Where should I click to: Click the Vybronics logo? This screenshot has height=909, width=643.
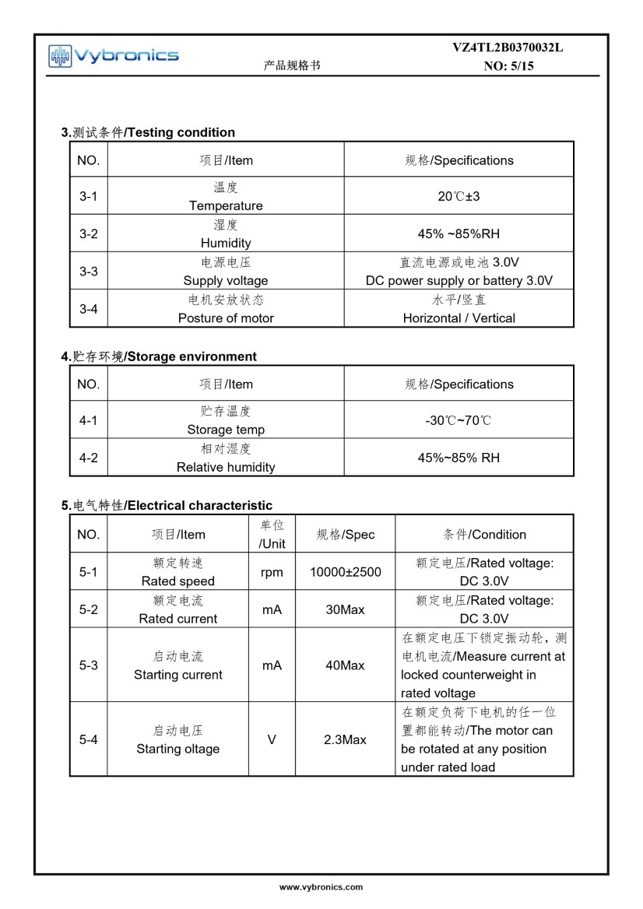tap(114, 54)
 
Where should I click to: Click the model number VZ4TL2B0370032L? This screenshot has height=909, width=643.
tap(508, 47)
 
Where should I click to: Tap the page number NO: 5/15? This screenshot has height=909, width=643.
tap(508, 66)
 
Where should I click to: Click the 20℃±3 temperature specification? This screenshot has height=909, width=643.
tap(459, 196)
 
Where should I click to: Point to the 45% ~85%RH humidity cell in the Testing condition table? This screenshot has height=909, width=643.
tap(459, 233)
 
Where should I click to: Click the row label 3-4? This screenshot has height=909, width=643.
tap(88, 309)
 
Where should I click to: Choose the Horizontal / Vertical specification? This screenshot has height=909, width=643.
tap(459, 318)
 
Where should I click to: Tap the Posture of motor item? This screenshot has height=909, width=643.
tap(226, 318)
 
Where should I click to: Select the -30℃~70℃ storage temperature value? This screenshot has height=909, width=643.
tap(459, 420)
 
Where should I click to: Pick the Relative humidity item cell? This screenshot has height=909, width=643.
tap(226, 467)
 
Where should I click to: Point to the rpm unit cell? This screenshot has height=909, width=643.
tap(272, 572)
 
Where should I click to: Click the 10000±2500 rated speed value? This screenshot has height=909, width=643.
tap(345, 572)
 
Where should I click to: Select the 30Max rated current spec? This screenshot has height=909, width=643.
tap(345, 609)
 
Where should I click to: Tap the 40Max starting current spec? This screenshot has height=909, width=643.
tap(345, 665)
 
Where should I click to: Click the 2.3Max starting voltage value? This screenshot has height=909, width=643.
tap(345, 739)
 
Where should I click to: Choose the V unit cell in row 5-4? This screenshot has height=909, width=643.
tap(272, 739)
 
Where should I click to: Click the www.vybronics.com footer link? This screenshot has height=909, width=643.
tap(321, 887)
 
